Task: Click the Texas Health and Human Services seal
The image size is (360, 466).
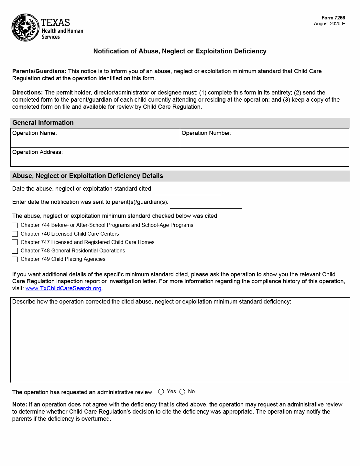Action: point(26,28)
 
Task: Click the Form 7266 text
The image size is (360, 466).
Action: point(333,18)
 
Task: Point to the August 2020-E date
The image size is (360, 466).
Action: point(329,24)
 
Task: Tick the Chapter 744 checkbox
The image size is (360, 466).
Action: point(15,225)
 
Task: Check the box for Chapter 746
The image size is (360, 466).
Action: point(15,234)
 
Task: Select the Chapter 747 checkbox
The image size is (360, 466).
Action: point(15,242)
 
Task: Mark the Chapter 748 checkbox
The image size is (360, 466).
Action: point(15,251)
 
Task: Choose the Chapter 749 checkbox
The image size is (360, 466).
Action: point(15,259)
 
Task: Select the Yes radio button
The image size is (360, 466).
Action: point(161,392)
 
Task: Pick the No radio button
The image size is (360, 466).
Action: point(182,392)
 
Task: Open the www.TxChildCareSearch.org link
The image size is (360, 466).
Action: point(63,288)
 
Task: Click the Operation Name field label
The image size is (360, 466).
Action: point(35,133)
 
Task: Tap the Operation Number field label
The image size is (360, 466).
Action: point(206,133)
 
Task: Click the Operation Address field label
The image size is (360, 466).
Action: point(38,152)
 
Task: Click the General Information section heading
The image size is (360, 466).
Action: point(43,123)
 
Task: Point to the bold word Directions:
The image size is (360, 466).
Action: point(27,93)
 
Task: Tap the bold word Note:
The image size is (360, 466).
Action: point(20,405)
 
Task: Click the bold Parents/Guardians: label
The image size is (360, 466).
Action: point(39,71)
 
